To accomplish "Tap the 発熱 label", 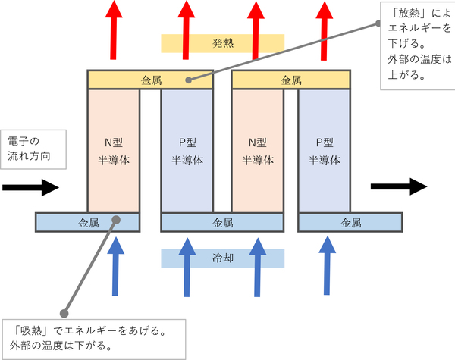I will pos(222,44).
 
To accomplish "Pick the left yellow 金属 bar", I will pos(150,79).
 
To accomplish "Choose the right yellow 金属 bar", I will pos(290,79).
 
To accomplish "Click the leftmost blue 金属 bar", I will pos(87,222).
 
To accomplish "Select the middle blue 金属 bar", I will pos(222,222).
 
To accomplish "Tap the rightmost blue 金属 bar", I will pos(350,222).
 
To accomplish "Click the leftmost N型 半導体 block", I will pos(114,150).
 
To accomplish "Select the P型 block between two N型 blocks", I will pos(187,150).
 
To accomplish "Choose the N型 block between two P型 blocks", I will pos(256,150).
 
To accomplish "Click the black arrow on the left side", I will pos(30,186).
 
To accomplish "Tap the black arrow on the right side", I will pos(398,186).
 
